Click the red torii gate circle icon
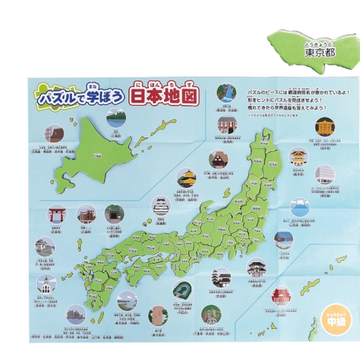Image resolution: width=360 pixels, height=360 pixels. point(58,213)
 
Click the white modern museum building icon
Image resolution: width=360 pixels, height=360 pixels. point(325,174)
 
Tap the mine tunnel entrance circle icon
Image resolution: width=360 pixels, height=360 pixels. point(114,214)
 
